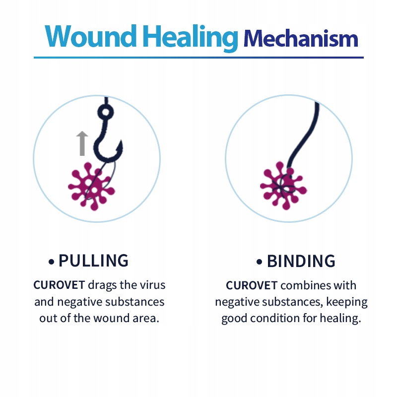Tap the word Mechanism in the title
[301, 38]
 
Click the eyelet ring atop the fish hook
[104, 113]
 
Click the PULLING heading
[93, 261]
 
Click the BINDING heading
[301, 261]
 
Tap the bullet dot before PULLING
[51, 262]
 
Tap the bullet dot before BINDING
[259, 262]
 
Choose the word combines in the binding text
[304, 285]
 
